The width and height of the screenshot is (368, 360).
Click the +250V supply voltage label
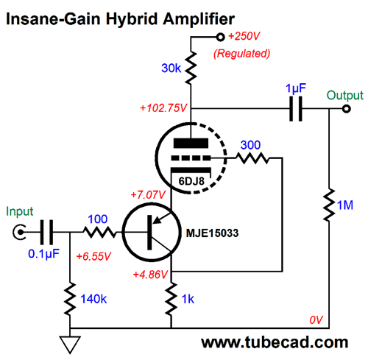pos(244,36)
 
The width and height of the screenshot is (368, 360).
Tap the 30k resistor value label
pos(171,68)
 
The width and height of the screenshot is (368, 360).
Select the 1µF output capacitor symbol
pos(296,109)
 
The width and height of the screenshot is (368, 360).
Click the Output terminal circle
pos(346,109)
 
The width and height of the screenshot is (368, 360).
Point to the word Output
pos(344,96)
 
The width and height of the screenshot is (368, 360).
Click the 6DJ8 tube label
pos(191,181)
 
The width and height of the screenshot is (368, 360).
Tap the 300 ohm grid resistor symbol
pos(252,158)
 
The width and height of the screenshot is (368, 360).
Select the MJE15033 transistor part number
pos(212,233)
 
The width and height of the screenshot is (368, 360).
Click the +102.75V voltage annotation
pos(163,108)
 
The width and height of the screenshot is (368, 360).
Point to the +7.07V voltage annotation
pos(148,195)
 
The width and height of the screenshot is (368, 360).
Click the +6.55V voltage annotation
pos(93,256)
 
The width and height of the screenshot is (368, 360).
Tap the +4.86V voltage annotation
pos(150,275)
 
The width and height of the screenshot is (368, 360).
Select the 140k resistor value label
pos(93,299)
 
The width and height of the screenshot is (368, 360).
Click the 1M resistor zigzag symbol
pos(329,205)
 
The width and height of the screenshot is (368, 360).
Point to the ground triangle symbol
pos(70,345)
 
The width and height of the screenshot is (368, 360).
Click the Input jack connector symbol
pos(19,232)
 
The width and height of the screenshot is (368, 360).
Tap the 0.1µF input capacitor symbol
pos(46,232)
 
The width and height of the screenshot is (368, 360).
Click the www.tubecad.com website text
pos(275,342)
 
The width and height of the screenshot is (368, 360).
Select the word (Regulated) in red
pos(241,54)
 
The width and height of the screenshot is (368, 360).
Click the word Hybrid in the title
pos(132,19)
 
